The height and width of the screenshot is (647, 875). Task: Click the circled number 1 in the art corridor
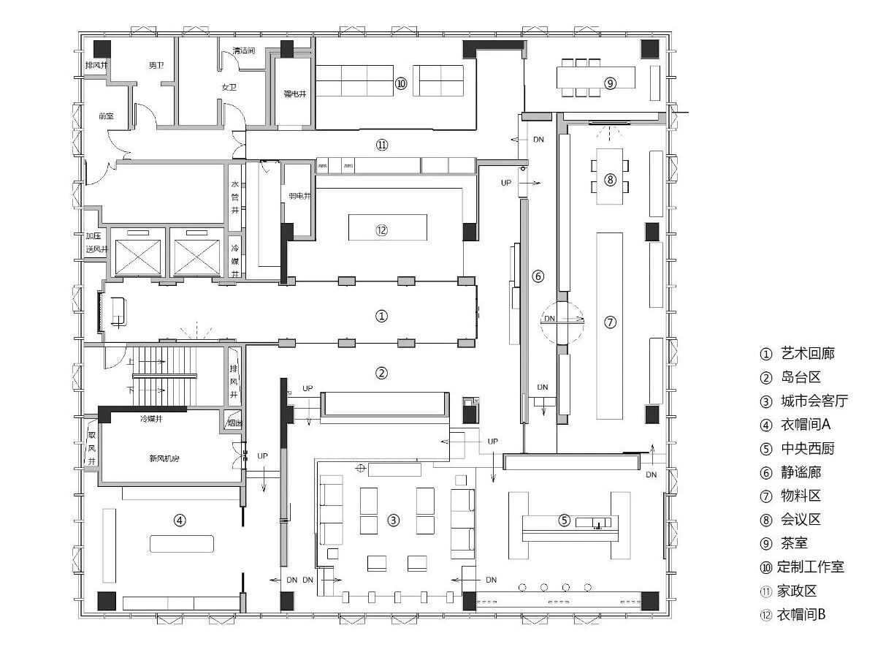pyautogui.click(x=381, y=317)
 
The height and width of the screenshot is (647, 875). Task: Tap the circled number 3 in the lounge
pyautogui.click(x=394, y=521)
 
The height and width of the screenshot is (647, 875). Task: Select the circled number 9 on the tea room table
pyautogui.click(x=611, y=83)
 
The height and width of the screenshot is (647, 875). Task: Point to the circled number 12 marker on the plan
pyautogui.click(x=381, y=230)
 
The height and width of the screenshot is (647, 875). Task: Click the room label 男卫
pyautogui.click(x=156, y=65)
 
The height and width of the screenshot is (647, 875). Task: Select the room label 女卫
pyautogui.click(x=229, y=87)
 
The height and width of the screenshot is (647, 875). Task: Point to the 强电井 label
pyautogui.click(x=294, y=94)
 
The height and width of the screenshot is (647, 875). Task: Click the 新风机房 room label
pyautogui.click(x=165, y=458)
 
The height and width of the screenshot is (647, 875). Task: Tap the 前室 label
pyautogui.click(x=106, y=116)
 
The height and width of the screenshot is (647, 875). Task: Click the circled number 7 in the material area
pyautogui.click(x=611, y=322)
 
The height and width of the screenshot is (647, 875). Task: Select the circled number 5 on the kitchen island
pyautogui.click(x=564, y=521)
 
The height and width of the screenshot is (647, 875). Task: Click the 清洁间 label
pyautogui.click(x=243, y=51)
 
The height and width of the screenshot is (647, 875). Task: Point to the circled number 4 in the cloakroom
pyautogui.click(x=180, y=521)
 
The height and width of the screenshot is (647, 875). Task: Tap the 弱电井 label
pyautogui.click(x=299, y=196)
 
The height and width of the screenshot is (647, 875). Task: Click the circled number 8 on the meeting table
pyautogui.click(x=610, y=179)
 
